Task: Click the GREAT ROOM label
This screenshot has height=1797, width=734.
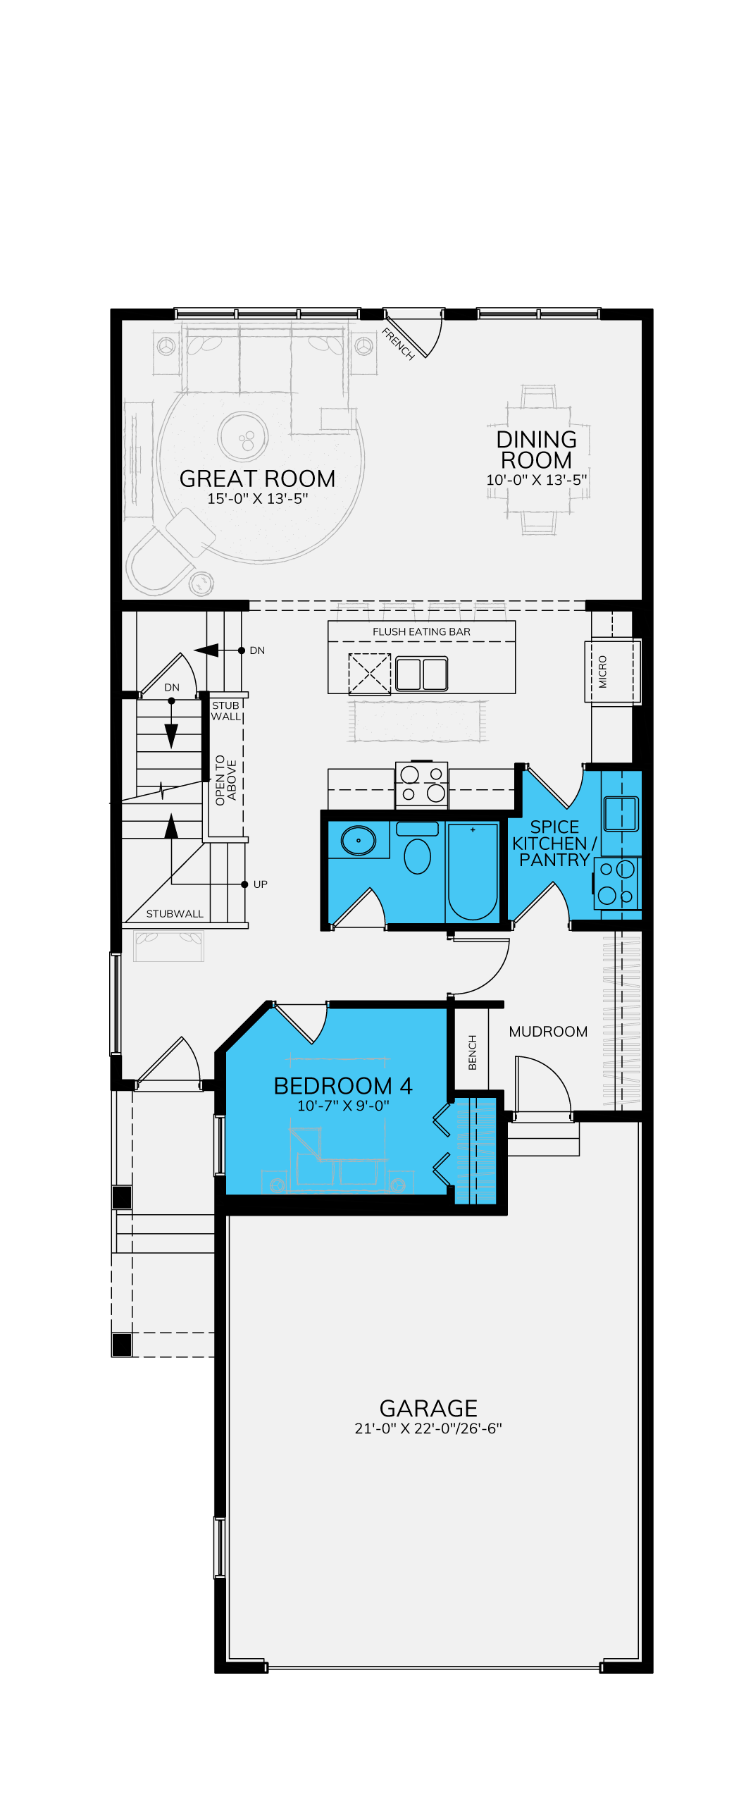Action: point(257,478)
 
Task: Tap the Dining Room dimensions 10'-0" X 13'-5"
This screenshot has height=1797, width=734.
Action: point(537,480)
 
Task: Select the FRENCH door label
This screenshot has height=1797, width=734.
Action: point(398,344)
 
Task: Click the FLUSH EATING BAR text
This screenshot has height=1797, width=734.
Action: point(421,631)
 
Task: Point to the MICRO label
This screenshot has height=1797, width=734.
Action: point(602,672)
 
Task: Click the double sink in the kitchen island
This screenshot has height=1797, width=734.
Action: point(421,674)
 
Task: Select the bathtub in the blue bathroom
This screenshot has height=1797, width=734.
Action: point(473,872)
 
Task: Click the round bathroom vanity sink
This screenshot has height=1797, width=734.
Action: point(359,840)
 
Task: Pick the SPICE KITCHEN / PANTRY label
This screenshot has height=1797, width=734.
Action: point(554,843)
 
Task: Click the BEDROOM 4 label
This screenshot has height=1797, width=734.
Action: point(343,1085)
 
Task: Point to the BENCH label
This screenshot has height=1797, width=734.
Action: point(473,1052)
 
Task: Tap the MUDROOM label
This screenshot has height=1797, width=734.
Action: point(548,1031)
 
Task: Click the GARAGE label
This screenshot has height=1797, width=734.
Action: point(428,1408)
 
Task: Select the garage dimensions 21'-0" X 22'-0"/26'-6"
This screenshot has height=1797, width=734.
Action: point(428,1428)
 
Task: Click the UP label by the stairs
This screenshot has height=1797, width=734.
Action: point(261,884)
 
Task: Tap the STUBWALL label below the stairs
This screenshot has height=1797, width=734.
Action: point(175,913)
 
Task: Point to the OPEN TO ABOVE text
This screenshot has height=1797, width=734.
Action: point(225,780)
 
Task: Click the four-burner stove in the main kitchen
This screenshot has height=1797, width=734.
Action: point(421,784)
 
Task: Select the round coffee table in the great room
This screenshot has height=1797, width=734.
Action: point(243,437)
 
